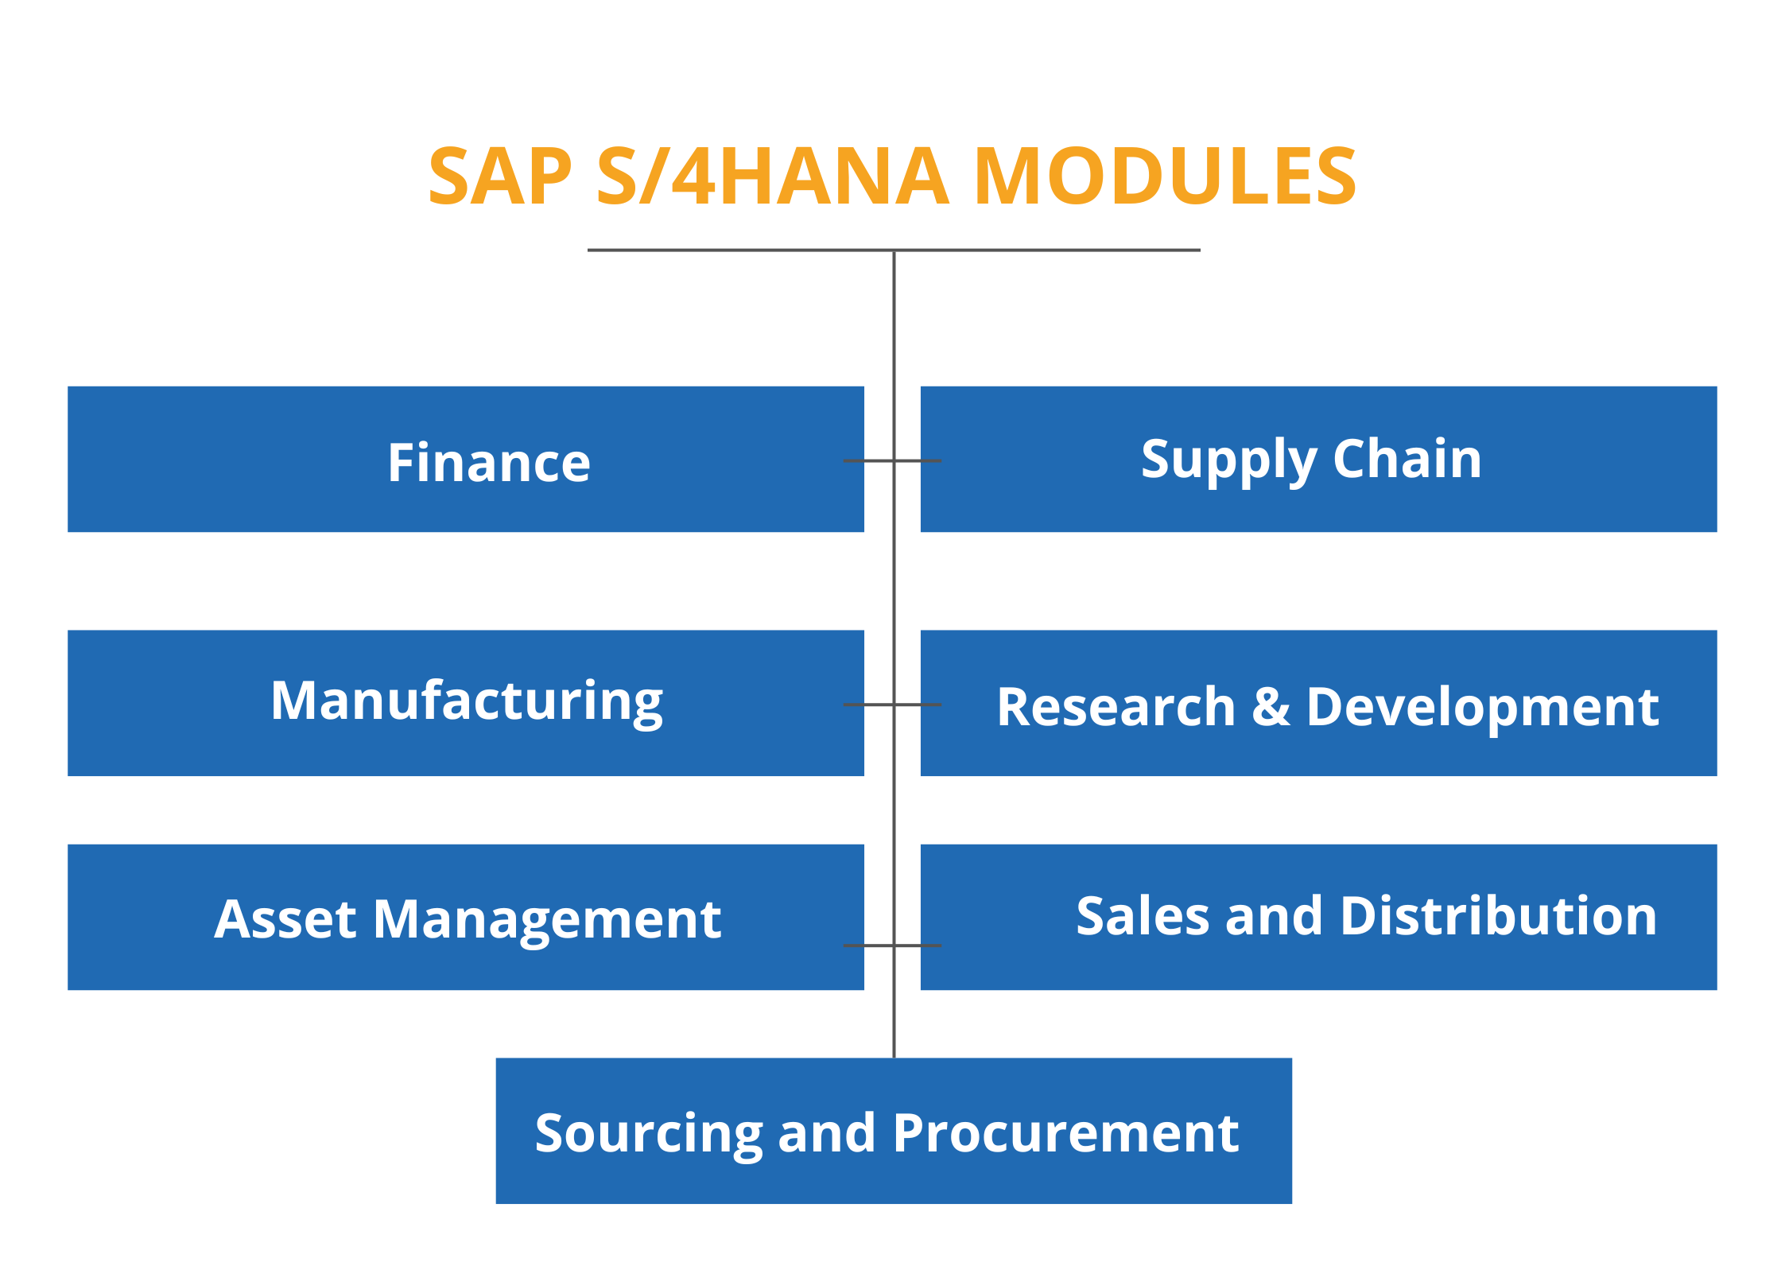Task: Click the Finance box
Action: [465, 460]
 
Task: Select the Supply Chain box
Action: [1318, 460]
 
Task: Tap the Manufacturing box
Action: [465, 703]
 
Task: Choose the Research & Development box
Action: [1318, 703]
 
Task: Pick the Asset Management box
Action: [465, 918]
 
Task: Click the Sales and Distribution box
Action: [1318, 918]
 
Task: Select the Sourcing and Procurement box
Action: [893, 1132]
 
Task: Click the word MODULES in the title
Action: [1165, 177]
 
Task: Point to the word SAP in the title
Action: [500, 177]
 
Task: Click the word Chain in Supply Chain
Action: [1407, 459]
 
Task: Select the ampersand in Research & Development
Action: [1271, 706]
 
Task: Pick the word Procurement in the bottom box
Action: [1065, 1132]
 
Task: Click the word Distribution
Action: [1498, 916]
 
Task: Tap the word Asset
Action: [285, 920]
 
